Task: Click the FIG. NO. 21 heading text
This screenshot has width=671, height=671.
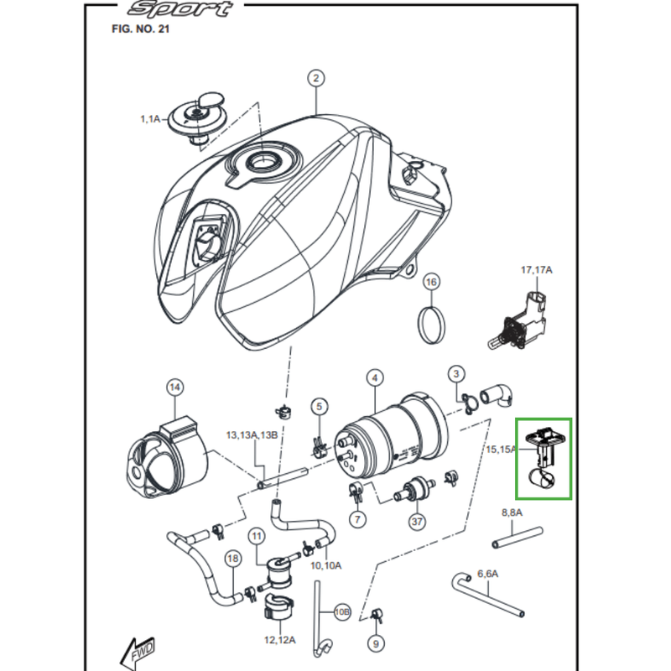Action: (141, 28)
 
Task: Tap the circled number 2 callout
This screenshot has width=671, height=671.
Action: (315, 80)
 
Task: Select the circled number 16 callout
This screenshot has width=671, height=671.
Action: (430, 282)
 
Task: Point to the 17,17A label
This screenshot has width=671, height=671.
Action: (537, 270)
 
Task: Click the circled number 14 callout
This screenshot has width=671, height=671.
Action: (174, 387)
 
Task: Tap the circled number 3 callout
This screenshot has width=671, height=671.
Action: (455, 373)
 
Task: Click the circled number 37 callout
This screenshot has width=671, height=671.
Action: (418, 521)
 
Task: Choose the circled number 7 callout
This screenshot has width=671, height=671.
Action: (358, 520)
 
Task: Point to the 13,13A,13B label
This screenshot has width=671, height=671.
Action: (251, 435)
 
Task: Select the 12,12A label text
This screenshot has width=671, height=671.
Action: (279, 640)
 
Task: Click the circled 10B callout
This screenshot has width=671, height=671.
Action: (341, 611)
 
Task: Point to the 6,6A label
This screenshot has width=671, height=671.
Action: (487, 574)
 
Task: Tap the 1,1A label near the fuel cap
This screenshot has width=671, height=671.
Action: (150, 120)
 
